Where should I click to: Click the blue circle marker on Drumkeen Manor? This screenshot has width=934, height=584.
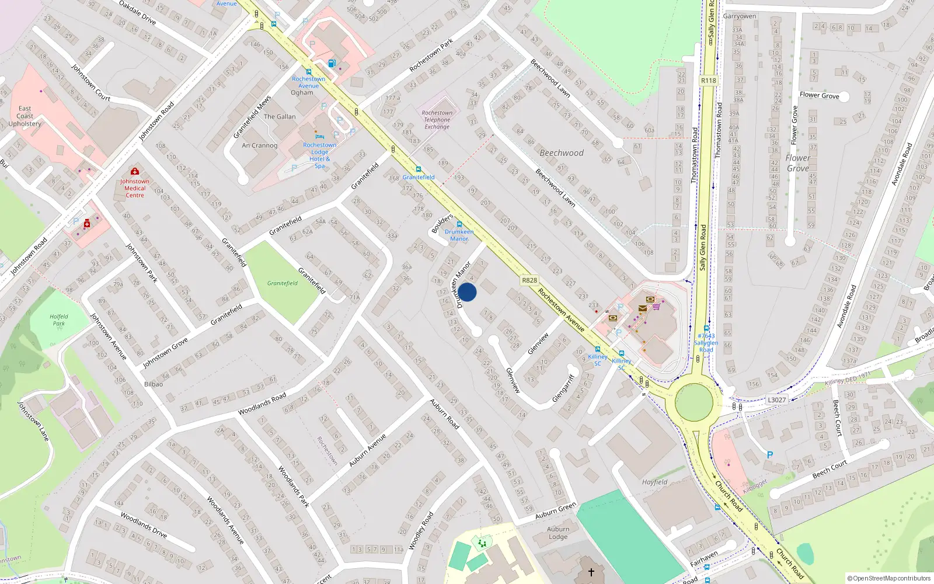click(x=467, y=292)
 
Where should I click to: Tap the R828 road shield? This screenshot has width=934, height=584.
click(x=529, y=280)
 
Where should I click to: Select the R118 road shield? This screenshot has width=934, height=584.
click(x=708, y=81)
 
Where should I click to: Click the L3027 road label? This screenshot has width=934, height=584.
click(x=776, y=400)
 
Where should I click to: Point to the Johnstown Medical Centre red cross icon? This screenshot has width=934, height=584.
click(x=135, y=172)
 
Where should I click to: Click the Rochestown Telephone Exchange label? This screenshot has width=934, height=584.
click(x=437, y=120)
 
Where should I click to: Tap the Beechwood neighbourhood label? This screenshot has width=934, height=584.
click(x=562, y=153)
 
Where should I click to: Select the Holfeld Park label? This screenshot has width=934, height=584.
click(x=59, y=320)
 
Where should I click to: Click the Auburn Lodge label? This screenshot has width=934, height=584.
click(x=558, y=533)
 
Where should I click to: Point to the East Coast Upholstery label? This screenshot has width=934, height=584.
click(x=25, y=116)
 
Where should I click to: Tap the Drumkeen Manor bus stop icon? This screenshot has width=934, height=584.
click(x=459, y=224)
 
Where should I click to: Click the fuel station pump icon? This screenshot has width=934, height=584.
click(x=332, y=63)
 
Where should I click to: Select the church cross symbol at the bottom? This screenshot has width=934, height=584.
click(x=591, y=572)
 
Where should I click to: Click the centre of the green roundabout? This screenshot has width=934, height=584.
click(x=694, y=402)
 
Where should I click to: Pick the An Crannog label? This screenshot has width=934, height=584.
click(x=260, y=145)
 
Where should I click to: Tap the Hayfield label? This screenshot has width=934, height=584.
click(x=654, y=482)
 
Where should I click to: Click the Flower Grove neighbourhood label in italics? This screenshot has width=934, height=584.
click(x=798, y=163)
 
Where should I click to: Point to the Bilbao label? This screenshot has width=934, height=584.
click(x=154, y=384)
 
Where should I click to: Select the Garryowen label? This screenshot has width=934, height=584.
click(x=739, y=16)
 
